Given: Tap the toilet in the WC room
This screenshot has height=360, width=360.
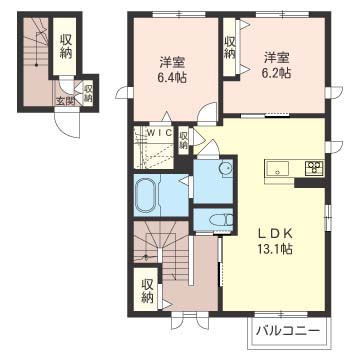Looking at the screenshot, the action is click(226, 219).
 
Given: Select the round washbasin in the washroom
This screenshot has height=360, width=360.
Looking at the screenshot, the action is click(226, 169).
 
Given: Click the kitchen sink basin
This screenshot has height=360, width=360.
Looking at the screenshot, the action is click(277, 168).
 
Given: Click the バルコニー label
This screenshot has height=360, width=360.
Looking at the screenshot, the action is click(288, 331).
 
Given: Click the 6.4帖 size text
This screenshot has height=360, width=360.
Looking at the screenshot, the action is click(172, 78).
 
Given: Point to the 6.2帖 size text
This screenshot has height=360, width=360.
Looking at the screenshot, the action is click(276, 73).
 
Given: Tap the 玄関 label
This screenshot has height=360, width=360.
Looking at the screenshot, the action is click(65, 102).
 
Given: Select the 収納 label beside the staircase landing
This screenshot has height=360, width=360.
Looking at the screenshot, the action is click(148, 291).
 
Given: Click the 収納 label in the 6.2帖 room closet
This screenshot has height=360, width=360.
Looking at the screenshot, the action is click(229, 47).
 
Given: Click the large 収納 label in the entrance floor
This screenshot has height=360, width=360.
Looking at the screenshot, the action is click(66, 46).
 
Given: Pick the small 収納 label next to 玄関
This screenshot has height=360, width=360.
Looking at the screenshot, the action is click(88, 94).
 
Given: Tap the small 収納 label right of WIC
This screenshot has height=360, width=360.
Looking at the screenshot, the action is click(183, 140).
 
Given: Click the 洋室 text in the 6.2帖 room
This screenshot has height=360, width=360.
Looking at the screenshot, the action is click(276, 58).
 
